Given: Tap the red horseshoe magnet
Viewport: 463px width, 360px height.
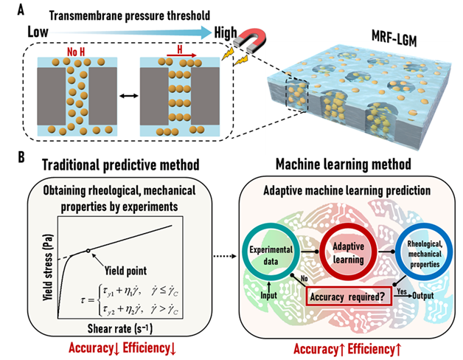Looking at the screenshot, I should click(254, 38).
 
